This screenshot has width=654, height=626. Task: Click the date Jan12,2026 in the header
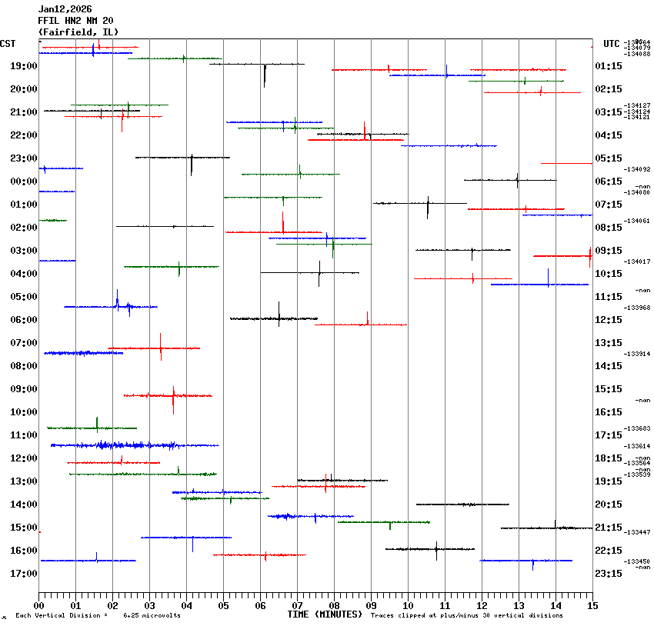pos(65,9)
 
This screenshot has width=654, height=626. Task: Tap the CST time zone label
pos(8,44)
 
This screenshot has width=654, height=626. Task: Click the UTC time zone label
pos(612,44)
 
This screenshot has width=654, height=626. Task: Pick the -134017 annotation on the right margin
pos(638,261)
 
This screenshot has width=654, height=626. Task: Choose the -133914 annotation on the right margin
pos(638,354)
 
